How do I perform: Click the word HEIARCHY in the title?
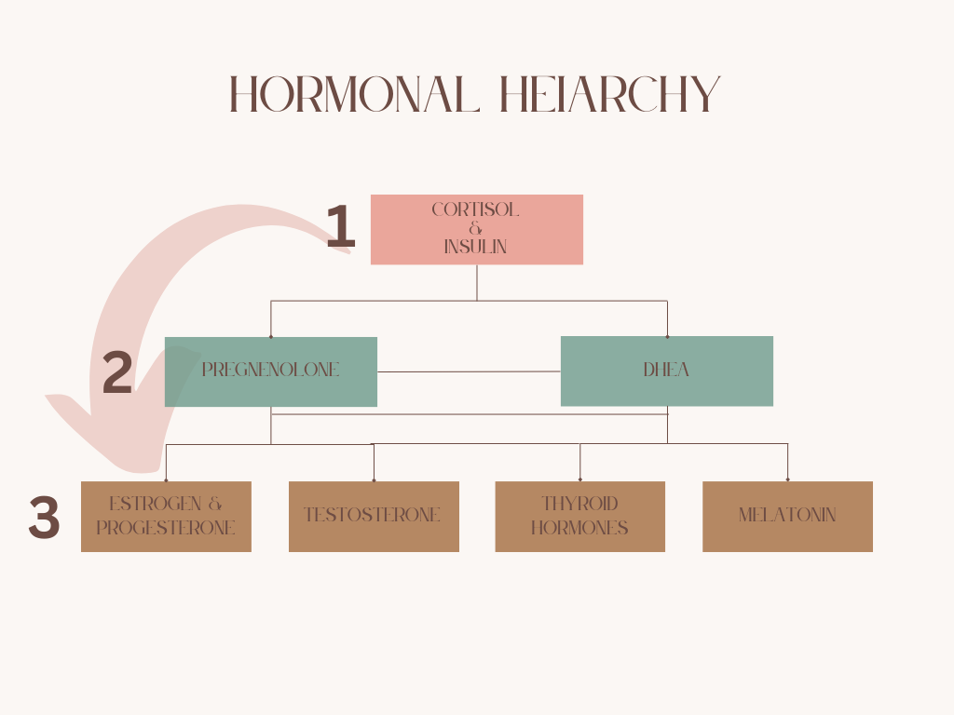tap(610, 95)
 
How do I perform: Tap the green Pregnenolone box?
tap(270, 371)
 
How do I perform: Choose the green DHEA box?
tap(666, 371)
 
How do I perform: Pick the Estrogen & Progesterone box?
tap(166, 516)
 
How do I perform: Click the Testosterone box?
tap(373, 516)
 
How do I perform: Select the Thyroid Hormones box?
tap(579, 516)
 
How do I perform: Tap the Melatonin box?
tap(787, 516)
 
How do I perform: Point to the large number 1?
tap(341, 228)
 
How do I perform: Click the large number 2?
tap(117, 373)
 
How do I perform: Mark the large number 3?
tap(44, 519)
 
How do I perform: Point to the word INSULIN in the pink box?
tap(475, 248)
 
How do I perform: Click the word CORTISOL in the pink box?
tap(475, 210)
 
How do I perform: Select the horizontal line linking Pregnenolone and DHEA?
tap(469, 371)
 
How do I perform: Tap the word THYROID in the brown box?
tap(579, 504)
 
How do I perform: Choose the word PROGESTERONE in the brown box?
tap(166, 528)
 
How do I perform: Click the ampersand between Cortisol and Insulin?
tap(476, 229)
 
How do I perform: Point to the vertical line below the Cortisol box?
tap(477, 283)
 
